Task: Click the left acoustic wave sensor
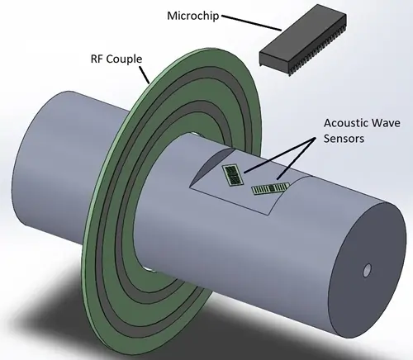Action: [235, 174]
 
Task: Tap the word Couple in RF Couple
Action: [125, 59]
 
